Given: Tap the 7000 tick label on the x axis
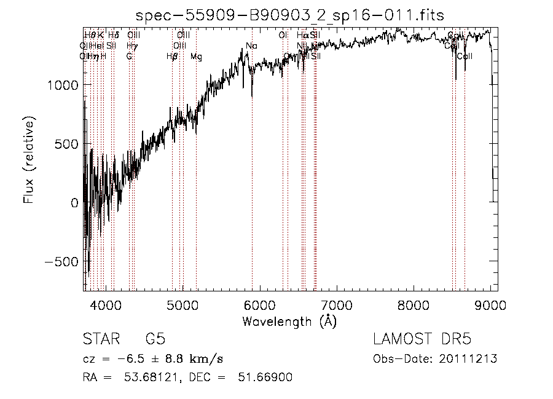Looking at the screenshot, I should [x=337, y=304].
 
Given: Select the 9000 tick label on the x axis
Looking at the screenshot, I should [x=490, y=304].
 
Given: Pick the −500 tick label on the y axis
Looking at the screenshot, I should [x=61, y=261].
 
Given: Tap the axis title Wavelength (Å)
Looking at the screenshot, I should [x=289, y=321].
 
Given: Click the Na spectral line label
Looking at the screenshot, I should [x=251, y=46].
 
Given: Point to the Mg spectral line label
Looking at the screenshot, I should [x=196, y=57].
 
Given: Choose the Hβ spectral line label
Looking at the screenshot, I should [x=173, y=57].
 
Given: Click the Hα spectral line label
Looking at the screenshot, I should [x=302, y=35].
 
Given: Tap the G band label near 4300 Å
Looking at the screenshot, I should [x=129, y=57].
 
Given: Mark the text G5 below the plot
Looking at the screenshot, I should [x=155, y=340].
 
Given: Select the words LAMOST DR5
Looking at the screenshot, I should [x=422, y=340].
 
